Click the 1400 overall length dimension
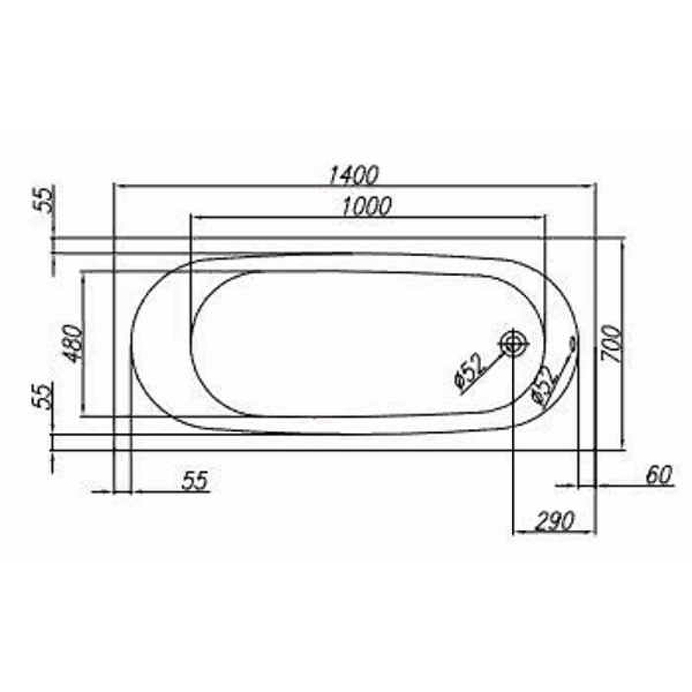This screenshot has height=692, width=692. pyautogui.click(x=355, y=175)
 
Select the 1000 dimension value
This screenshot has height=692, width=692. pyautogui.click(x=366, y=206)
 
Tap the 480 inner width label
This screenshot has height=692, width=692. pyautogui.click(x=73, y=343)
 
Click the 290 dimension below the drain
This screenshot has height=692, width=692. pyautogui.click(x=555, y=521)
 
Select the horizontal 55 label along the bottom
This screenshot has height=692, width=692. pyautogui.click(x=197, y=481)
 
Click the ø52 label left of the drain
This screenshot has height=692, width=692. pyautogui.click(x=468, y=373)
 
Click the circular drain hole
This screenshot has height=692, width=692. pyautogui.click(x=513, y=344)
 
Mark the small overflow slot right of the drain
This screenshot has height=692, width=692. pyautogui.click(x=572, y=344)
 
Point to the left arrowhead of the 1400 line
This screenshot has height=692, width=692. pyautogui.click(x=119, y=185)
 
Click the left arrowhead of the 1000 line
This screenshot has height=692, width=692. pyautogui.click(x=195, y=215)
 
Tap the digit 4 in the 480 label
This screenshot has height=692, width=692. pyautogui.click(x=73, y=356)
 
